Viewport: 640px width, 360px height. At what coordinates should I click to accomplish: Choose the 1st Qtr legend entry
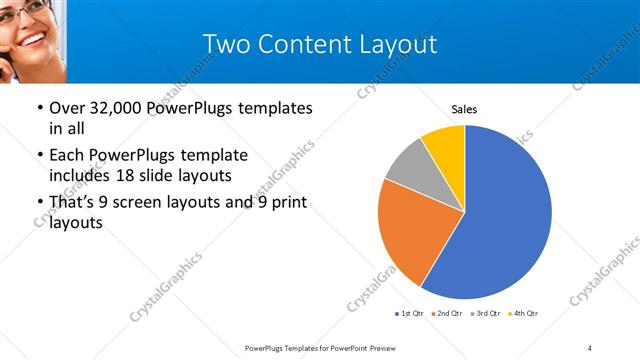click(x=410, y=314)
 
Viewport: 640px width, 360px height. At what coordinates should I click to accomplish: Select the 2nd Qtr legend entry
click(x=448, y=314)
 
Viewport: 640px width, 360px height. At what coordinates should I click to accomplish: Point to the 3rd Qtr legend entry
click(x=486, y=314)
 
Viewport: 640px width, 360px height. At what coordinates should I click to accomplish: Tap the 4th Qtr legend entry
click(x=524, y=314)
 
